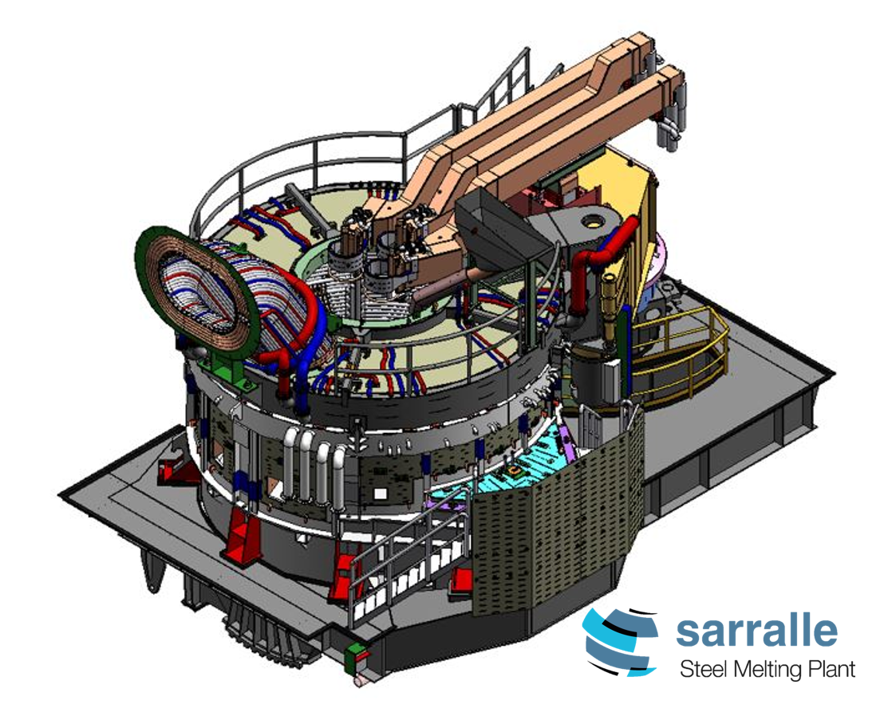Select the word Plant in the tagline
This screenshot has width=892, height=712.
coord(834,668)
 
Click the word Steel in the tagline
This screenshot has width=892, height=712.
coord(704,669)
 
